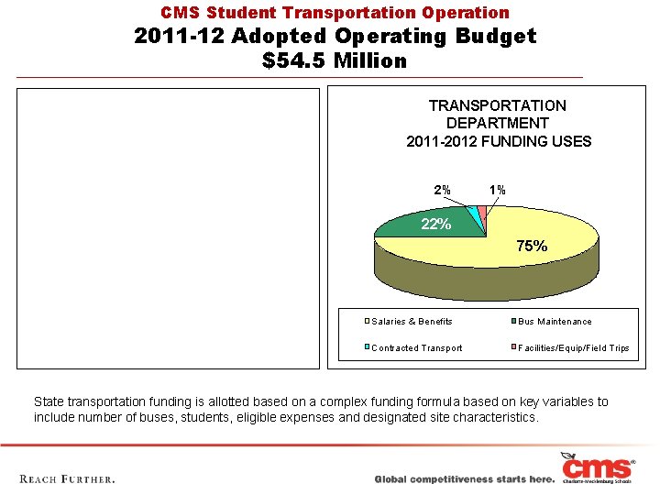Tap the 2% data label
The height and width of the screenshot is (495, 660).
pyautogui.click(x=442, y=190)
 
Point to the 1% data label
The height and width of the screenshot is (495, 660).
pyautogui.click(x=497, y=190)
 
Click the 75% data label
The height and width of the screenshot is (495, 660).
pyautogui.click(x=532, y=246)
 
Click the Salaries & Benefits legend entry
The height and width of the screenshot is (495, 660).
pyautogui.click(x=412, y=322)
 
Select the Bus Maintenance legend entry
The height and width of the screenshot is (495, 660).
pyautogui.click(x=555, y=322)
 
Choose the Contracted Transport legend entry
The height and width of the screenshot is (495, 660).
pyautogui.click(x=416, y=348)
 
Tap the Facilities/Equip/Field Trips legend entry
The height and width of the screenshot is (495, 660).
pyautogui.click(x=573, y=348)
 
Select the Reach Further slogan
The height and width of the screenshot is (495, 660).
pyautogui.click(x=67, y=478)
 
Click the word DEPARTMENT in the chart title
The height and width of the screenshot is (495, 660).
pyautogui.click(x=498, y=123)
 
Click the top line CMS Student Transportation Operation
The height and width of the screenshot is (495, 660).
pyautogui.click(x=335, y=13)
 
